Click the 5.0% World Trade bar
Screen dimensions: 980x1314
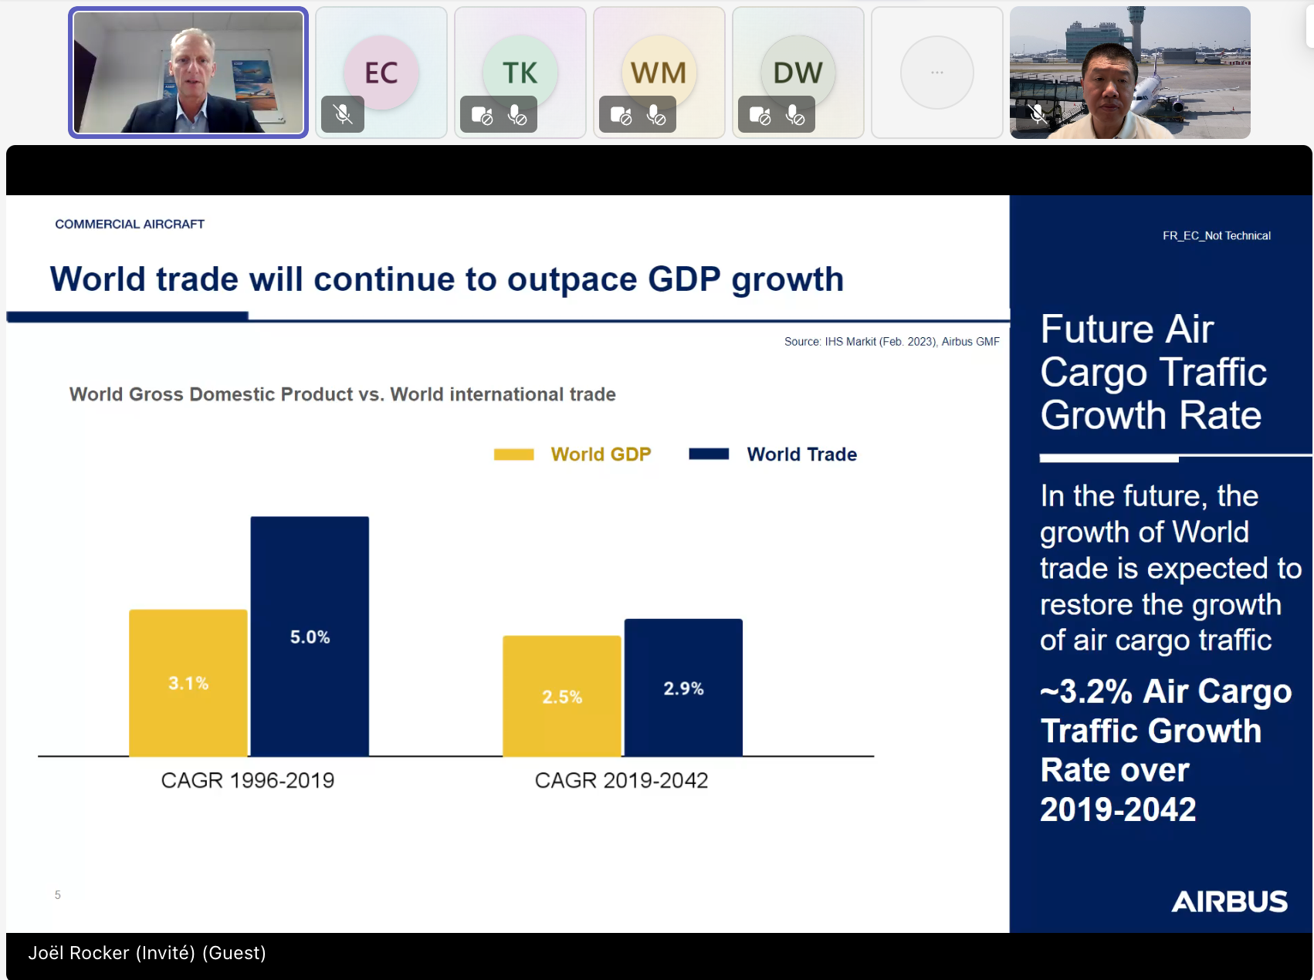click(x=310, y=636)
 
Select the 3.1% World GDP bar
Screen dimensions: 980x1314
click(x=188, y=682)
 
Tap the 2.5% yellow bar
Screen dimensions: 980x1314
click(x=561, y=696)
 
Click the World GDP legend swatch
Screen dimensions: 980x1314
click(x=513, y=455)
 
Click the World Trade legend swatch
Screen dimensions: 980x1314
click(x=709, y=454)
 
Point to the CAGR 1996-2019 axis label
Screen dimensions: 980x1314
click(x=248, y=780)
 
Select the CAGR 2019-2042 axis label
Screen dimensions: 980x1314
click(x=621, y=780)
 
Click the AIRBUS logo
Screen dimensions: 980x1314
click(x=1229, y=901)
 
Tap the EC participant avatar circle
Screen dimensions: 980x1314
click(x=381, y=73)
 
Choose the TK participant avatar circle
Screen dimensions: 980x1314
click(x=520, y=73)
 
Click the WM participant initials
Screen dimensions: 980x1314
click(x=659, y=73)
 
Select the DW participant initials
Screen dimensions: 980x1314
click(x=798, y=73)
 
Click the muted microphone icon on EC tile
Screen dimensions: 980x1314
click(x=343, y=115)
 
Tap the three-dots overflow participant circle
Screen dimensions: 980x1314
click(x=937, y=73)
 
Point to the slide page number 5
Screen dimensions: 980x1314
click(x=58, y=895)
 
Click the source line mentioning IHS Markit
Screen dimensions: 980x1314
click(x=892, y=341)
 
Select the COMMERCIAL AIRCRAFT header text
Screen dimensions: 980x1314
click(x=130, y=224)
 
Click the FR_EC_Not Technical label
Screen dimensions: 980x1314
click(x=1216, y=235)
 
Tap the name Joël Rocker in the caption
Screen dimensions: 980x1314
click(x=79, y=953)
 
